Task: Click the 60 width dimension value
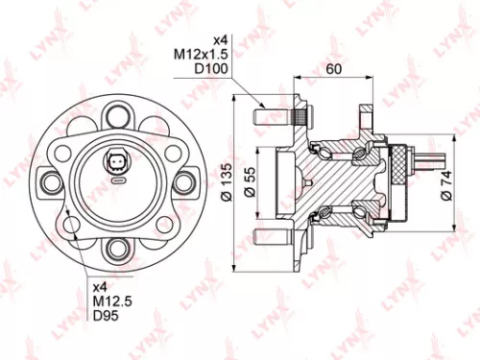(x=334, y=69)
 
